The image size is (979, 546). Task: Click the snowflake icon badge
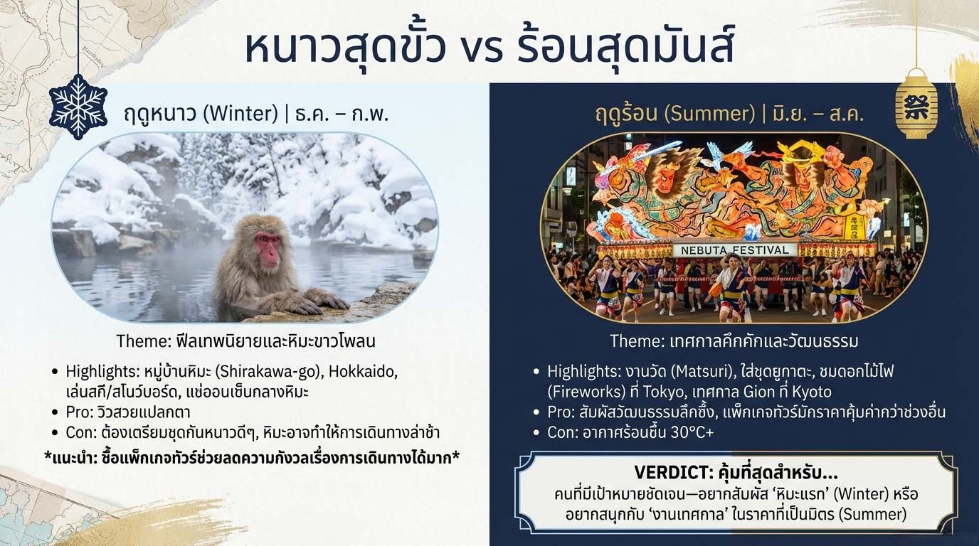pos(78,107)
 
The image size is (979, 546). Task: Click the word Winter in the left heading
pos(240,114)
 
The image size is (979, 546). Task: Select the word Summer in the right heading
pos(709,114)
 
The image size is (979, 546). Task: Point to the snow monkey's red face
pos(268,249)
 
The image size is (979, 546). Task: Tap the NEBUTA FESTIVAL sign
pos(735,250)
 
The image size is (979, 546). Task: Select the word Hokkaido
pos(362,371)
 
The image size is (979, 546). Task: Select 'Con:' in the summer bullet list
pos(562,432)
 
